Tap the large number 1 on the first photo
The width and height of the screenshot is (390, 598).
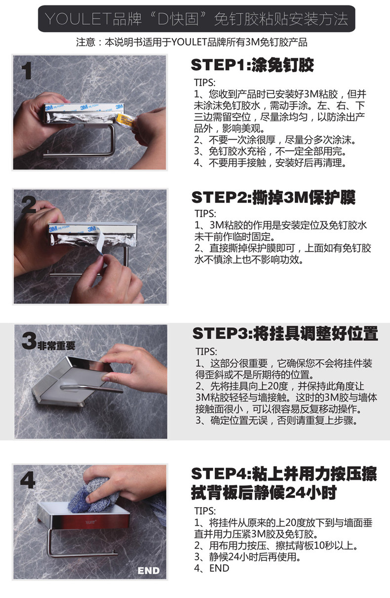pyautogui.click(x=27, y=71)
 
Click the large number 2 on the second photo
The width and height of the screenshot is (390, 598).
pyautogui.click(x=28, y=204)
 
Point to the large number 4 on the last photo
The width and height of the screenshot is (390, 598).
pyautogui.click(x=28, y=480)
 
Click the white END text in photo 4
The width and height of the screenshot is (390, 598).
pyautogui.click(x=149, y=570)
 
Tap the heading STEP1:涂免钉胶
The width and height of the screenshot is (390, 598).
pyautogui.click(x=252, y=65)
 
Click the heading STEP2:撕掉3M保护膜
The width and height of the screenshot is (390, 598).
pyautogui.click(x=273, y=198)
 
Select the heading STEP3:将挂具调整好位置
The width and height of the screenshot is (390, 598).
pyautogui.click(x=285, y=333)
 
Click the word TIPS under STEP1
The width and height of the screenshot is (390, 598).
pyautogui.click(x=204, y=82)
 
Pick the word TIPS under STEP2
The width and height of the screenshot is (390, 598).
pyautogui.click(x=205, y=213)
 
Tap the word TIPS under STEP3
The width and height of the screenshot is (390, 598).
pyautogui.click(x=206, y=351)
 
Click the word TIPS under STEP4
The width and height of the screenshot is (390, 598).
pyautogui.click(x=205, y=511)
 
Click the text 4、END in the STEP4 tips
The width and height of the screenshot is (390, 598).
pyautogui.click(x=211, y=568)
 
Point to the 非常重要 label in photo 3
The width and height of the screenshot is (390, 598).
pyautogui.click(x=56, y=346)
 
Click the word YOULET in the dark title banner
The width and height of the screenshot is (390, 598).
pyautogui.click(x=78, y=19)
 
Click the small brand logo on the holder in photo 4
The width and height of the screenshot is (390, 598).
pyautogui.click(x=91, y=522)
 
